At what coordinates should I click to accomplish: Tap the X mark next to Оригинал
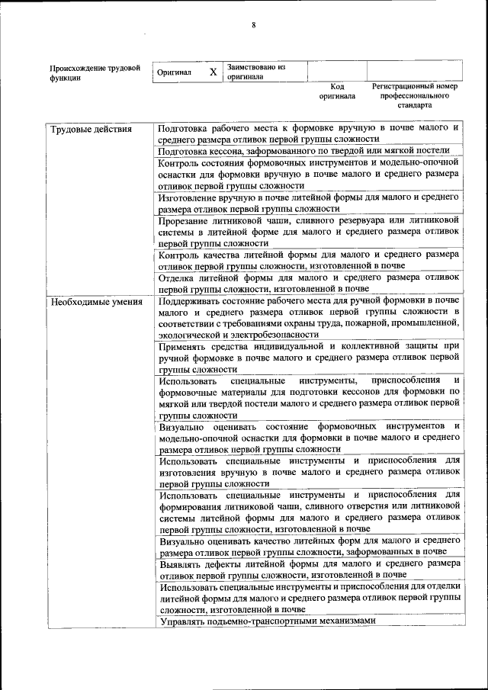tap(213, 72)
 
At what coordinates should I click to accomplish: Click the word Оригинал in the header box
tap(174, 72)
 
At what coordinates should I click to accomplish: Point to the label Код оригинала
tap(337, 91)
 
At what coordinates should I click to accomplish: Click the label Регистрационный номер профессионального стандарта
tap(414, 96)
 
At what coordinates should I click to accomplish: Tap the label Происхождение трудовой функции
tap(95, 72)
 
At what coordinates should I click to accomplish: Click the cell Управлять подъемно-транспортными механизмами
tap(268, 621)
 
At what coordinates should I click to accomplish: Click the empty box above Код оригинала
tap(337, 72)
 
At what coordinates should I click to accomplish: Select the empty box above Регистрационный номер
tap(414, 72)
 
